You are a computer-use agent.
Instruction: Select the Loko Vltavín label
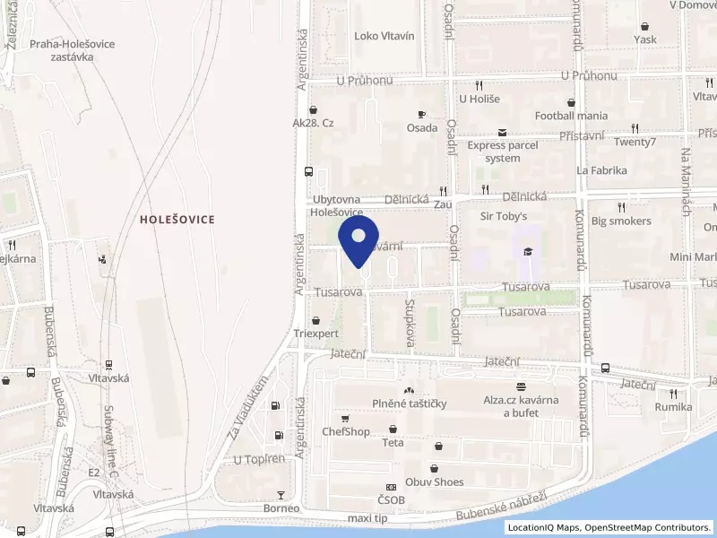click(x=384, y=36)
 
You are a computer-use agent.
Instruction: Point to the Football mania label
click(x=571, y=116)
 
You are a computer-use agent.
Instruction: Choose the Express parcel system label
click(x=502, y=152)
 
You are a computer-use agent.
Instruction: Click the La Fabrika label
click(x=601, y=169)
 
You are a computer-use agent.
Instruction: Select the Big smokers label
click(x=621, y=221)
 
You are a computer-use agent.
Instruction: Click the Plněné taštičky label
click(x=410, y=403)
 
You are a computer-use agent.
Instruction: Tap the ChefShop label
click(x=346, y=431)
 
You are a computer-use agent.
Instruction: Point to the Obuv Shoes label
click(x=435, y=482)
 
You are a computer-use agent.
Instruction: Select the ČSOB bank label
click(x=391, y=499)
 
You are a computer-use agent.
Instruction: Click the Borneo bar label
click(x=281, y=508)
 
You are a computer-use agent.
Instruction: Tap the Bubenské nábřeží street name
click(x=501, y=508)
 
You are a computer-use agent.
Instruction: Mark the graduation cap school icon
click(x=529, y=251)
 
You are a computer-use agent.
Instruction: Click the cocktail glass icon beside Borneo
click(x=281, y=494)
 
